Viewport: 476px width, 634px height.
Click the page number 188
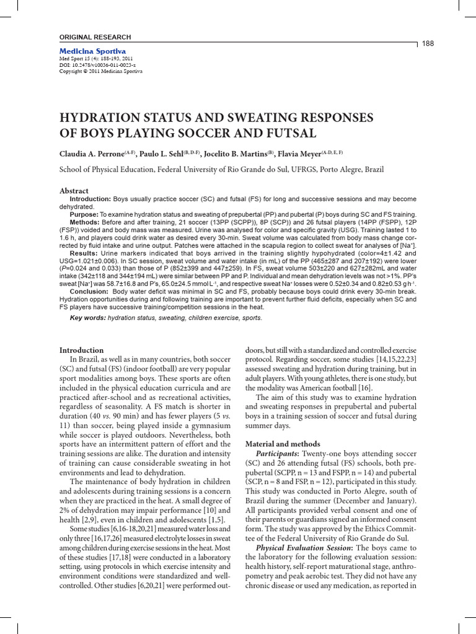pyautogui.click(x=428, y=43)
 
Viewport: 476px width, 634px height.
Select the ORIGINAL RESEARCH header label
pyautogui.click(x=95, y=37)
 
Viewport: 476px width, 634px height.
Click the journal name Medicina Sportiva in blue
pyautogui.click(x=92, y=51)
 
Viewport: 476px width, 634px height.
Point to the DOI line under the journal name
pyautogui.click(x=97, y=64)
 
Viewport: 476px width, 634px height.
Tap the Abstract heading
pyautogui.click(x=74, y=191)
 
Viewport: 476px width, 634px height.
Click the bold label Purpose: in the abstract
pyautogui.click(x=84, y=214)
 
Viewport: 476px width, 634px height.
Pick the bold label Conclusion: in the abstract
pyautogui.click(x=89, y=291)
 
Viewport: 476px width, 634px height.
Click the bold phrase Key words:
pyautogui.click(x=87, y=318)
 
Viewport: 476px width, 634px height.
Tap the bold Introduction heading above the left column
pyautogui.click(x=81, y=350)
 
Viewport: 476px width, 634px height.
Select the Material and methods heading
pyautogui.click(x=283, y=444)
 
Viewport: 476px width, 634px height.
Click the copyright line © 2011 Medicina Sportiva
pyautogui.click(x=100, y=71)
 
